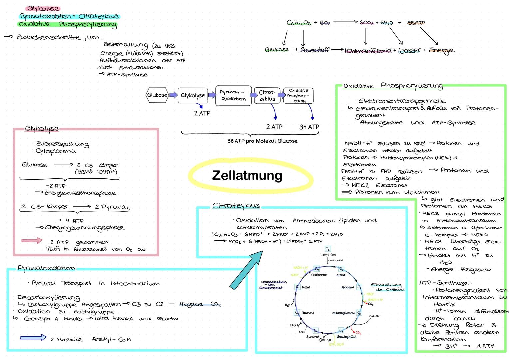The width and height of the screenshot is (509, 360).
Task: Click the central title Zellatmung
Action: pyautogui.click(x=247, y=176)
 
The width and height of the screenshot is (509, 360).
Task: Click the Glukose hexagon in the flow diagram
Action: pyautogui.click(x=157, y=95)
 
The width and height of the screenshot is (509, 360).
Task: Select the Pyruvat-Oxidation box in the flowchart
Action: pyautogui.click(x=233, y=95)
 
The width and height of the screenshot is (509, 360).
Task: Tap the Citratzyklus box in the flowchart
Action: pyautogui.click(x=267, y=96)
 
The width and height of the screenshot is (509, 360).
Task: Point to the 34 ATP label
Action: pyautogui.click(x=309, y=127)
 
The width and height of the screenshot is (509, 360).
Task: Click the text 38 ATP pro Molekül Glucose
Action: pyautogui.click(x=262, y=141)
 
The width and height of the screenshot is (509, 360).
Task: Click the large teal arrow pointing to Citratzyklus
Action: pyautogui.click(x=246, y=270)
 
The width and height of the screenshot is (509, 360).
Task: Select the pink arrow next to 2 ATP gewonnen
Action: pyautogui.click(x=32, y=241)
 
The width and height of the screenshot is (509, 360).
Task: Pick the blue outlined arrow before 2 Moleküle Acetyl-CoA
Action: pyautogui.click(x=33, y=338)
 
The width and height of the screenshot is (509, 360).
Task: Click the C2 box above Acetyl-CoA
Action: pyautogui.click(x=327, y=249)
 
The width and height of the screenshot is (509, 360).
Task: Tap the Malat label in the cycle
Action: pyautogui.click(x=306, y=287)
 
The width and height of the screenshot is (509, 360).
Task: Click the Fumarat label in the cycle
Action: pyautogui.click(x=307, y=313)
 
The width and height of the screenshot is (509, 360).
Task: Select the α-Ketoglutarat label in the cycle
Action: pyautogui.click(x=343, y=313)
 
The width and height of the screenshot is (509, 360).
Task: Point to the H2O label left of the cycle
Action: pyautogui.click(x=287, y=305)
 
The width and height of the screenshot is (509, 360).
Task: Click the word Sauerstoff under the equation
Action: pyautogui.click(x=314, y=50)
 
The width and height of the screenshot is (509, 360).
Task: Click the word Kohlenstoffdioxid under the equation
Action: pyautogui.click(x=368, y=51)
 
